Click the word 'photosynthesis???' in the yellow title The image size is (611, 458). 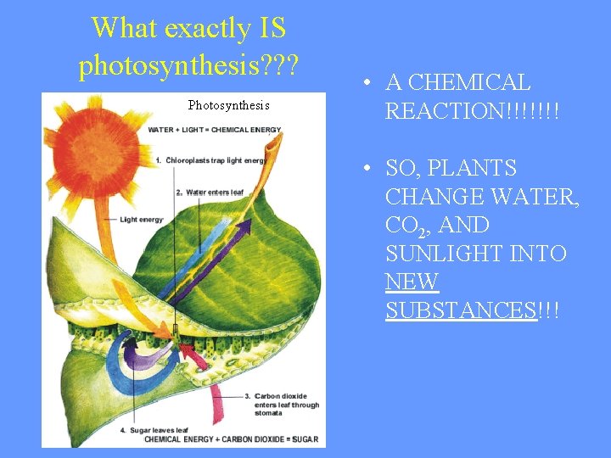coord(188,64)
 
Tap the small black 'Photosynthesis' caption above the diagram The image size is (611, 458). coord(228,105)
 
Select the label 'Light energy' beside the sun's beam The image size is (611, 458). coord(142,220)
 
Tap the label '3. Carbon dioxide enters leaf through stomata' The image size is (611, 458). coord(287,405)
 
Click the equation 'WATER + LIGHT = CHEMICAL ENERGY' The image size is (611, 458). coord(215,130)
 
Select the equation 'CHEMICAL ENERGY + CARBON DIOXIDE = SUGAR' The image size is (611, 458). coord(231,439)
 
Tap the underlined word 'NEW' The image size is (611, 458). coord(412,282)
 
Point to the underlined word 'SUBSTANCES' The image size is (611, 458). coord(462,310)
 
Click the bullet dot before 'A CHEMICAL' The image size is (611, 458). coord(362,83)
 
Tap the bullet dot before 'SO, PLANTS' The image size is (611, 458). coord(362,169)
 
